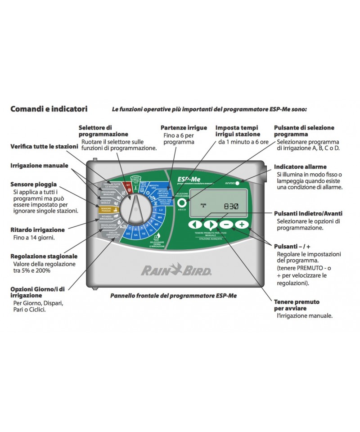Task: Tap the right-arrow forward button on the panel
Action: point(210,224)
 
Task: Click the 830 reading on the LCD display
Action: point(232,207)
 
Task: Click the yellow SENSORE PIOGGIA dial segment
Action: point(107,209)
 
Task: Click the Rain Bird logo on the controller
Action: point(177,270)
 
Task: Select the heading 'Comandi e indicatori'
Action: point(49,109)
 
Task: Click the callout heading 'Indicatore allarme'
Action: point(300,166)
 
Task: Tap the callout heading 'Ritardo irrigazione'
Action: point(37,230)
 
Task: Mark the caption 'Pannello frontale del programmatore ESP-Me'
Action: point(173,296)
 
